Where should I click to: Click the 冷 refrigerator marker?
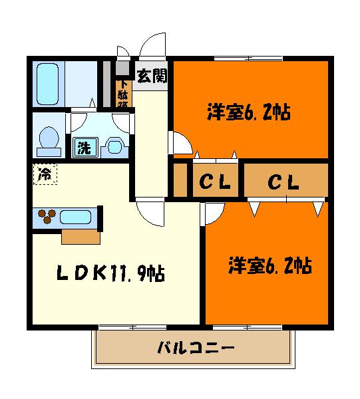[x=45, y=176]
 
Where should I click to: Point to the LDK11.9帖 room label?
[x=111, y=273]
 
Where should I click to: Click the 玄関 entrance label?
[x=152, y=76]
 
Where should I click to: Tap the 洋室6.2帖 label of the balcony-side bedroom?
[x=270, y=266]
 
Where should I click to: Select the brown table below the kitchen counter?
[x=81, y=236]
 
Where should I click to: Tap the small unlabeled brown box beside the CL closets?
[x=180, y=180]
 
